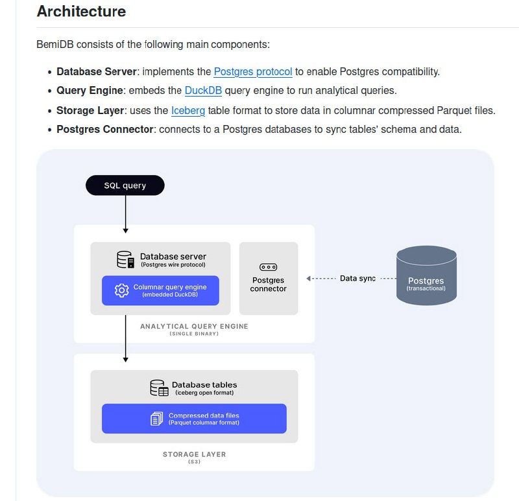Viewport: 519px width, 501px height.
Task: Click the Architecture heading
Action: [81, 12]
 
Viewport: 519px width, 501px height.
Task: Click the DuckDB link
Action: [203, 91]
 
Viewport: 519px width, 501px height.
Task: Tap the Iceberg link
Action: [188, 110]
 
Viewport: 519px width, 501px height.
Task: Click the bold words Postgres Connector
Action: [105, 129]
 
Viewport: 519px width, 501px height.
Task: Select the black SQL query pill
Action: [125, 185]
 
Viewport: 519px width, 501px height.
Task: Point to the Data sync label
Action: [357, 279]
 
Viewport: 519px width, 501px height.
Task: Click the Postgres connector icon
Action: [268, 266]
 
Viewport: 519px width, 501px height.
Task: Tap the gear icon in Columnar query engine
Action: [121, 290]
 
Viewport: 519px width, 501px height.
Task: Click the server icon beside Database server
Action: [125, 259]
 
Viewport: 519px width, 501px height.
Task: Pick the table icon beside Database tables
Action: [159, 388]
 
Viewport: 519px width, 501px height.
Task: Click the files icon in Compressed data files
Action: [156, 419]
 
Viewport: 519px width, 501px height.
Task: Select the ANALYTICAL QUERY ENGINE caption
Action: [194, 327]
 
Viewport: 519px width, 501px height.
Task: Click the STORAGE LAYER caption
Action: [194, 454]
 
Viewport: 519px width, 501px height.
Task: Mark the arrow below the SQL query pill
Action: [125, 214]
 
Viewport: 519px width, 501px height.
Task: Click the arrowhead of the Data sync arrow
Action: [309, 279]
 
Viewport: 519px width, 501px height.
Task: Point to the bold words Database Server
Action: [97, 72]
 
